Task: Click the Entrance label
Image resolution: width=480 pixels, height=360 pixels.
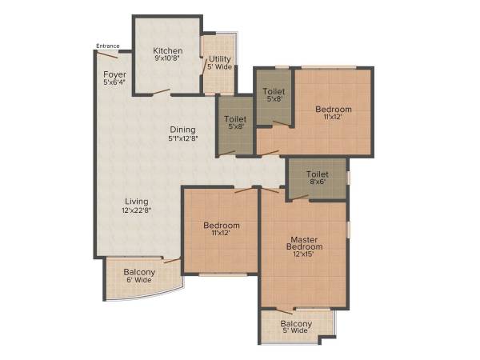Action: click(x=108, y=46)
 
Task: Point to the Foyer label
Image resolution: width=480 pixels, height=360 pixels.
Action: click(x=113, y=74)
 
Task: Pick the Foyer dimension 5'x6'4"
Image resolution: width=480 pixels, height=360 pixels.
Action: click(x=113, y=83)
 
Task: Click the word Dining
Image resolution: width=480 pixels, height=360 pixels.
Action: click(x=182, y=130)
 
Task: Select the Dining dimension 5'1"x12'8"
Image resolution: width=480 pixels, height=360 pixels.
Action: click(x=182, y=138)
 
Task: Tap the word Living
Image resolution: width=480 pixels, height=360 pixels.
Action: click(x=135, y=201)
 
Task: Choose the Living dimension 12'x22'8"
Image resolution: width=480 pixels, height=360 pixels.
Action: click(x=137, y=210)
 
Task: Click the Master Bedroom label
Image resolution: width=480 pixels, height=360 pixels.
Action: click(x=305, y=242)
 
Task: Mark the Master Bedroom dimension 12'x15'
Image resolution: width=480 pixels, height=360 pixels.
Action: click(x=305, y=256)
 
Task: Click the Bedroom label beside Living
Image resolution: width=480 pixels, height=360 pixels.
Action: click(x=222, y=226)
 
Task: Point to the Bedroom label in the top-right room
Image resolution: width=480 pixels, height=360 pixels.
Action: click(x=333, y=109)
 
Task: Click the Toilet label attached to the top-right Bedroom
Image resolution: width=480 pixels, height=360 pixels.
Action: click(x=274, y=91)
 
